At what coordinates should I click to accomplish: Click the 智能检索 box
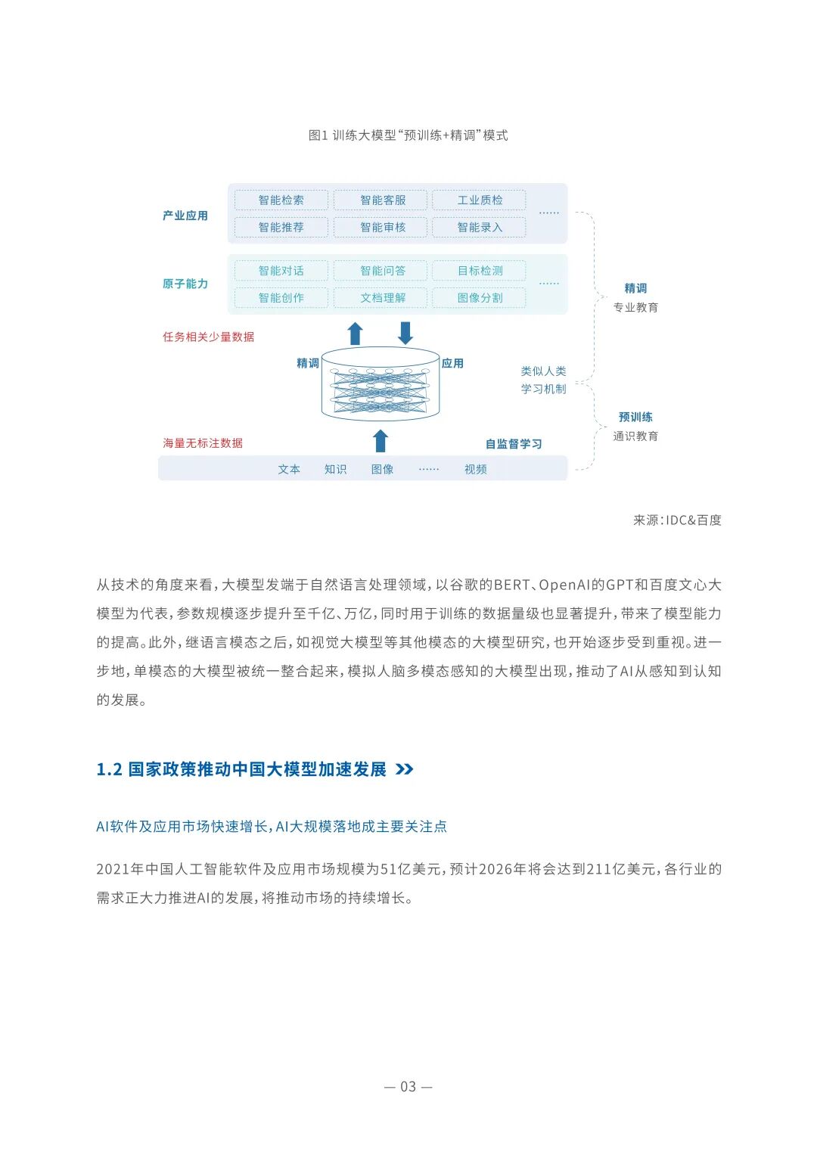pos(281,200)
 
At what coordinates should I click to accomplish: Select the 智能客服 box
pos(383,200)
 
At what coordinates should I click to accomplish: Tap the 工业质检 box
pos(480,200)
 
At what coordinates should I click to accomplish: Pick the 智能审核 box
pos(383,228)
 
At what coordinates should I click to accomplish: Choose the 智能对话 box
pos(281,271)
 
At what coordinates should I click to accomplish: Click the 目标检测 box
pos(480,271)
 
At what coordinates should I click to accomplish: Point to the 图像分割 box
pos(480,298)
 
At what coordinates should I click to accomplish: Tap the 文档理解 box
pos(383,298)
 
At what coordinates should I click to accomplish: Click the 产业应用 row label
pos(185,216)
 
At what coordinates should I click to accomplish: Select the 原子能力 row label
pos(185,284)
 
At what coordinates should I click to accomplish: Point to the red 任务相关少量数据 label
pos(209,337)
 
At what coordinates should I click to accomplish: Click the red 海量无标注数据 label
pos(203,443)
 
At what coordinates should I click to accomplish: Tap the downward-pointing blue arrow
pos(405,333)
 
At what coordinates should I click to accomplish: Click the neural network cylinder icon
pos(381,384)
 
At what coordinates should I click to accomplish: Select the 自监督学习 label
pos(514,444)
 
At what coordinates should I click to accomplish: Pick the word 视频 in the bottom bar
pos(476,470)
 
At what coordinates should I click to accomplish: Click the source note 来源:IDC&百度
pos(677,520)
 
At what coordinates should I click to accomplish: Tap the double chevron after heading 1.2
pos(405,769)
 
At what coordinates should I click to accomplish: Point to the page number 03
pos(408,1087)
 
